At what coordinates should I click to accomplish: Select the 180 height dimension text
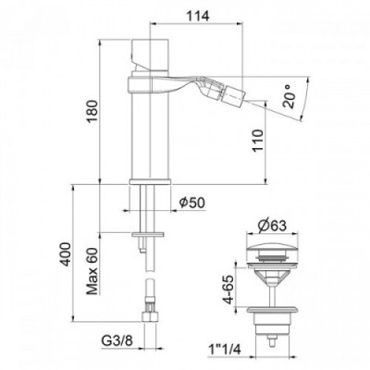pyautogui.click(x=92, y=112)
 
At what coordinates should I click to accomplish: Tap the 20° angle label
pyautogui.click(x=289, y=96)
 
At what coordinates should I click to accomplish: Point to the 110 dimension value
pyautogui.click(x=258, y=141)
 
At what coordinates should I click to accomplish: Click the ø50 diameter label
pyautogui.click(x=191, y=203)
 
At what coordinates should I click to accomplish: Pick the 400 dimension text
pyautogui.click(x=66, y=254)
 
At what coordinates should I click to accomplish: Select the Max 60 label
pyautogui.click(x=92, y=271)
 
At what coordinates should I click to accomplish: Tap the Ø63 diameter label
pyautogui.click(x=272, y=226)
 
